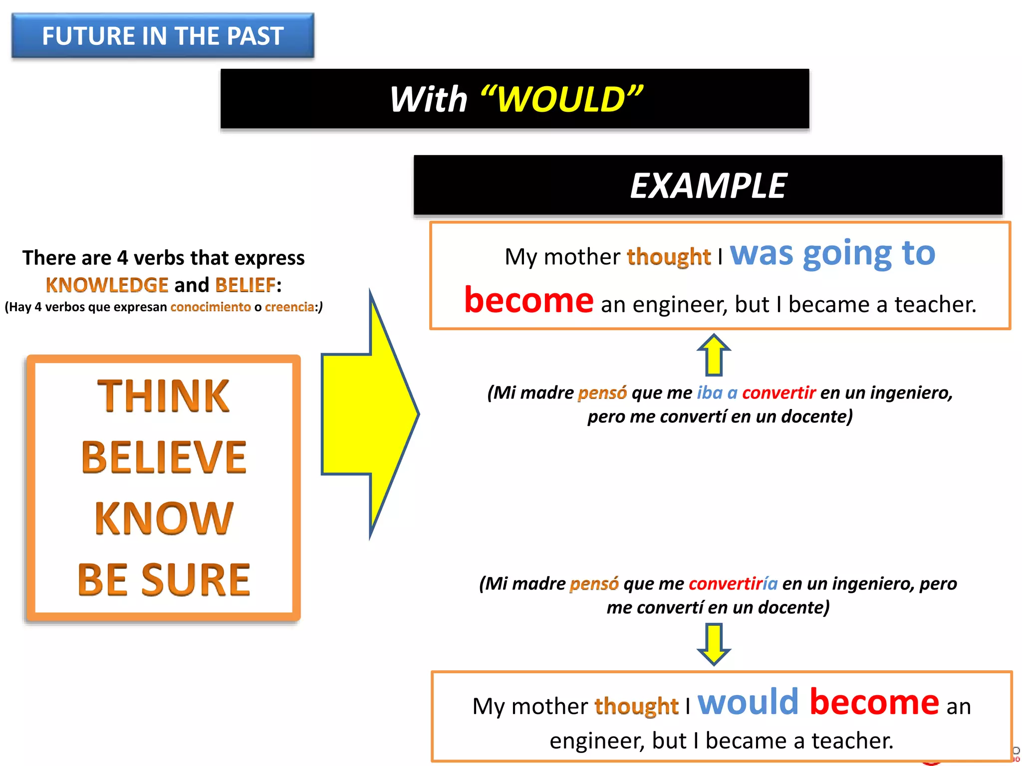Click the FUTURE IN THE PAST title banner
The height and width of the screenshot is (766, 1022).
163,36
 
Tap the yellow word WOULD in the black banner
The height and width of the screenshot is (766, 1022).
561,99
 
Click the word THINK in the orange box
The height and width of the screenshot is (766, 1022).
163,396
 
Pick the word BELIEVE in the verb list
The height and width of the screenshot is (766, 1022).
164,457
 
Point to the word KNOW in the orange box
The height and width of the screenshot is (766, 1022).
164,519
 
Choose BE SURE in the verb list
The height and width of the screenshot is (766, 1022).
164,580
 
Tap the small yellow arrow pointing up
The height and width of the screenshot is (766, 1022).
714,355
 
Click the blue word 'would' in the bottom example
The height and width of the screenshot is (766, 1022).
748,702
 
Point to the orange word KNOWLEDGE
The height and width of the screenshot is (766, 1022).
107,285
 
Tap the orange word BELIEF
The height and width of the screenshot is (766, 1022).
245,285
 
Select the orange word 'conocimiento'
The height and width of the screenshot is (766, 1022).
211,307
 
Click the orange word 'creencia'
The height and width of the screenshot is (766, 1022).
289,307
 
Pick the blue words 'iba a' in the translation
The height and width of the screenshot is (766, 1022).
717,393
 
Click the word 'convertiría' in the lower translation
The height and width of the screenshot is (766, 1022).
733,583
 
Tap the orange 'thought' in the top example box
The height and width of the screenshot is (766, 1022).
669,257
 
